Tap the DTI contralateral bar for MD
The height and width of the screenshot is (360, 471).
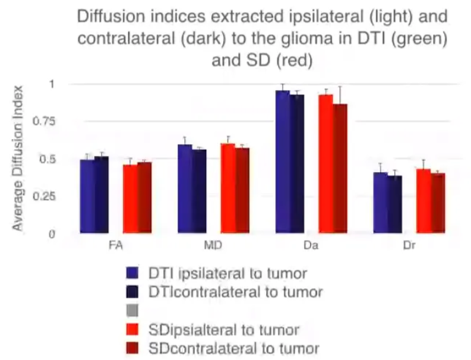click(199, 191)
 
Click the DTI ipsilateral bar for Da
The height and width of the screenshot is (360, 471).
click(282, 162)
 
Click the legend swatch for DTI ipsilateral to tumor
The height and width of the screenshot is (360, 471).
click(132, 273)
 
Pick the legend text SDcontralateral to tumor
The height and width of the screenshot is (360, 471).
click(234, 346)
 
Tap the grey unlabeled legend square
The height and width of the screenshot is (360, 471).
click(132, 310)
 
